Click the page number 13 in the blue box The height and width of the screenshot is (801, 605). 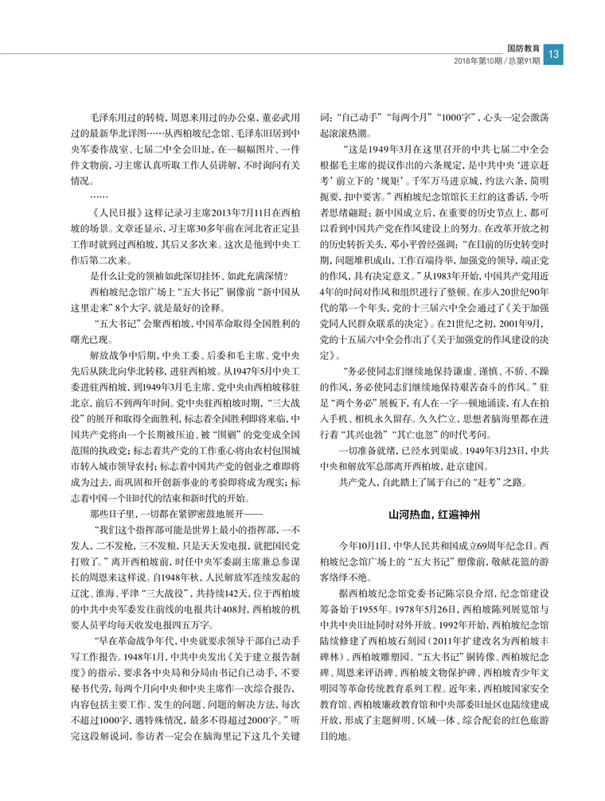[x=556, y=53]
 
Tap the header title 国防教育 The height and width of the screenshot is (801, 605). [x=521, y=48]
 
